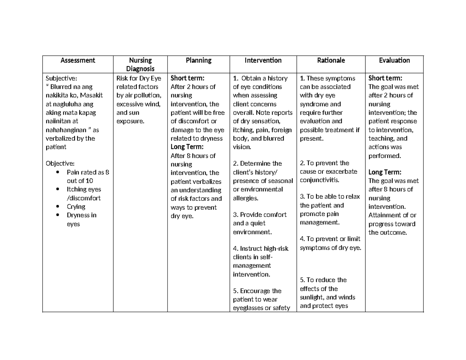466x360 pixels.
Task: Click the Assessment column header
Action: (x=77, y=60)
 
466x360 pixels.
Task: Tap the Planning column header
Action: (x=198, y=60)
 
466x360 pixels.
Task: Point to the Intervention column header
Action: (x=263, y=60)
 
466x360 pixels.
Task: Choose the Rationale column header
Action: (x=331, y=60)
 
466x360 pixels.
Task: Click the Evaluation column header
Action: (x=395, y=60)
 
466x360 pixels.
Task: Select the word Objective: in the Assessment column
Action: (x=60, y=163)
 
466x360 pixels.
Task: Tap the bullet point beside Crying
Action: (x=58, y=207)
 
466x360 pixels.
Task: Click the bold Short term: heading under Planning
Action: (x=187, y=78)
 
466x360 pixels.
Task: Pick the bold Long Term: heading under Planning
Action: (x=187, y=147)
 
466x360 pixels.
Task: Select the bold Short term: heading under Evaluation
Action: (x=385, y=78)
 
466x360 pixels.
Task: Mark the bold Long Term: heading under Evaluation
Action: (x=385, y=172)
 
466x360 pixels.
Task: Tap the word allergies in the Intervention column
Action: (x=245, y=198)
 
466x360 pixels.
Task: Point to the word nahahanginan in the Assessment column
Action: (x=65, y=130)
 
